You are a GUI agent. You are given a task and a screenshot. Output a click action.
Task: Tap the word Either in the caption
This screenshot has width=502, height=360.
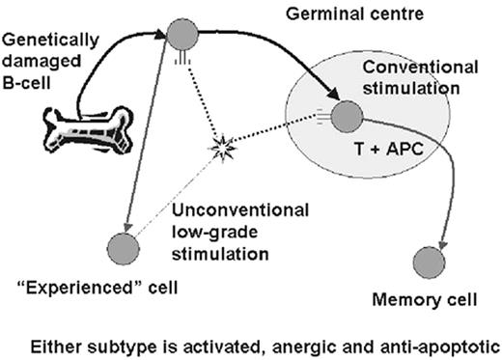coord(57,342)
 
